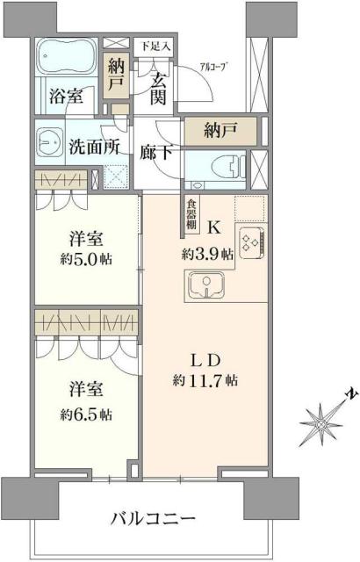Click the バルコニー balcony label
(x=153, y=519)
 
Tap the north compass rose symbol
(x=324, y=426)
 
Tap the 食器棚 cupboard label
(x=191, y=214)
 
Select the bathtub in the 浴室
(x=67, y=58)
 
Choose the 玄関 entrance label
(x=158, y=88)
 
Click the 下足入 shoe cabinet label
(x=157, y=43)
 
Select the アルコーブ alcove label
(x=214, y=66)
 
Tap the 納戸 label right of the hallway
(x=220, y=132)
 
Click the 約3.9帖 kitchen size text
(x=208, y=254)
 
